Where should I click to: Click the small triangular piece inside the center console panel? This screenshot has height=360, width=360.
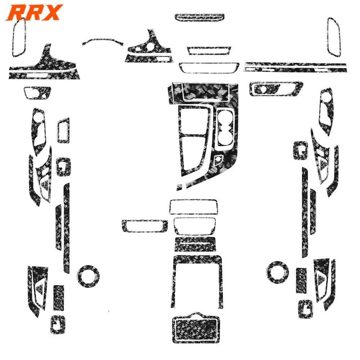[x=218, y=159]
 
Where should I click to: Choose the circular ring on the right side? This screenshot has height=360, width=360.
[x=278, y=270]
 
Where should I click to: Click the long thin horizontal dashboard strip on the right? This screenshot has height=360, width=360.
[x=295, y=66]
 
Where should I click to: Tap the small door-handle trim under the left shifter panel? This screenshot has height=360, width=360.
[x=37, y=93]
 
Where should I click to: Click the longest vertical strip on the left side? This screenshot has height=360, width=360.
[x=66, y=223]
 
